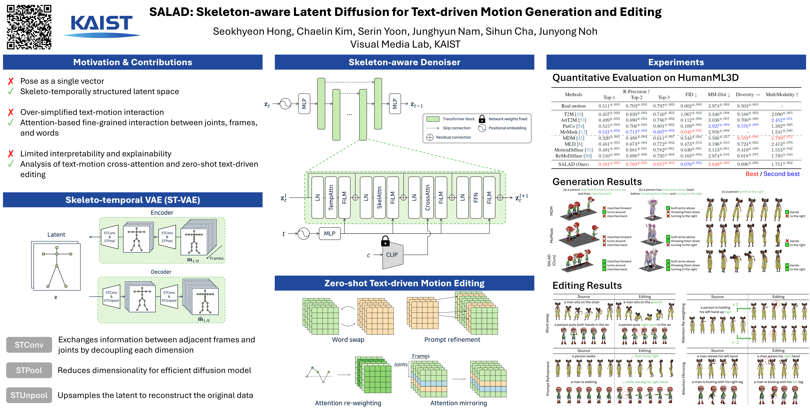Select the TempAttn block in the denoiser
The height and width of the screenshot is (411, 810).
click(331, 197)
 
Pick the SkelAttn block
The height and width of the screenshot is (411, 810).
click(379, 197)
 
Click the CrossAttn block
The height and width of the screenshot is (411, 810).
click(428, 197)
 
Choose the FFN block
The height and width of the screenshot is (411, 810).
click(476, 197)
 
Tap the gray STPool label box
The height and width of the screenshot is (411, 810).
click(29, 370)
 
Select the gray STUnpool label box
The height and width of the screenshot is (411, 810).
click(29, 395)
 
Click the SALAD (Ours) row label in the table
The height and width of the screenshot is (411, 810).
click(573, 164)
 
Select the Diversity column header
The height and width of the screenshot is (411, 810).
click(747, 94)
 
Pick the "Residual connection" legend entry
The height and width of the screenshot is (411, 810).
click(453, 137)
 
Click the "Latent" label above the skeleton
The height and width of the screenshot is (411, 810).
click(56, 235)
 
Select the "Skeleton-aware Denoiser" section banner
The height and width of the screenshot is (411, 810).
click(404, 62)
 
